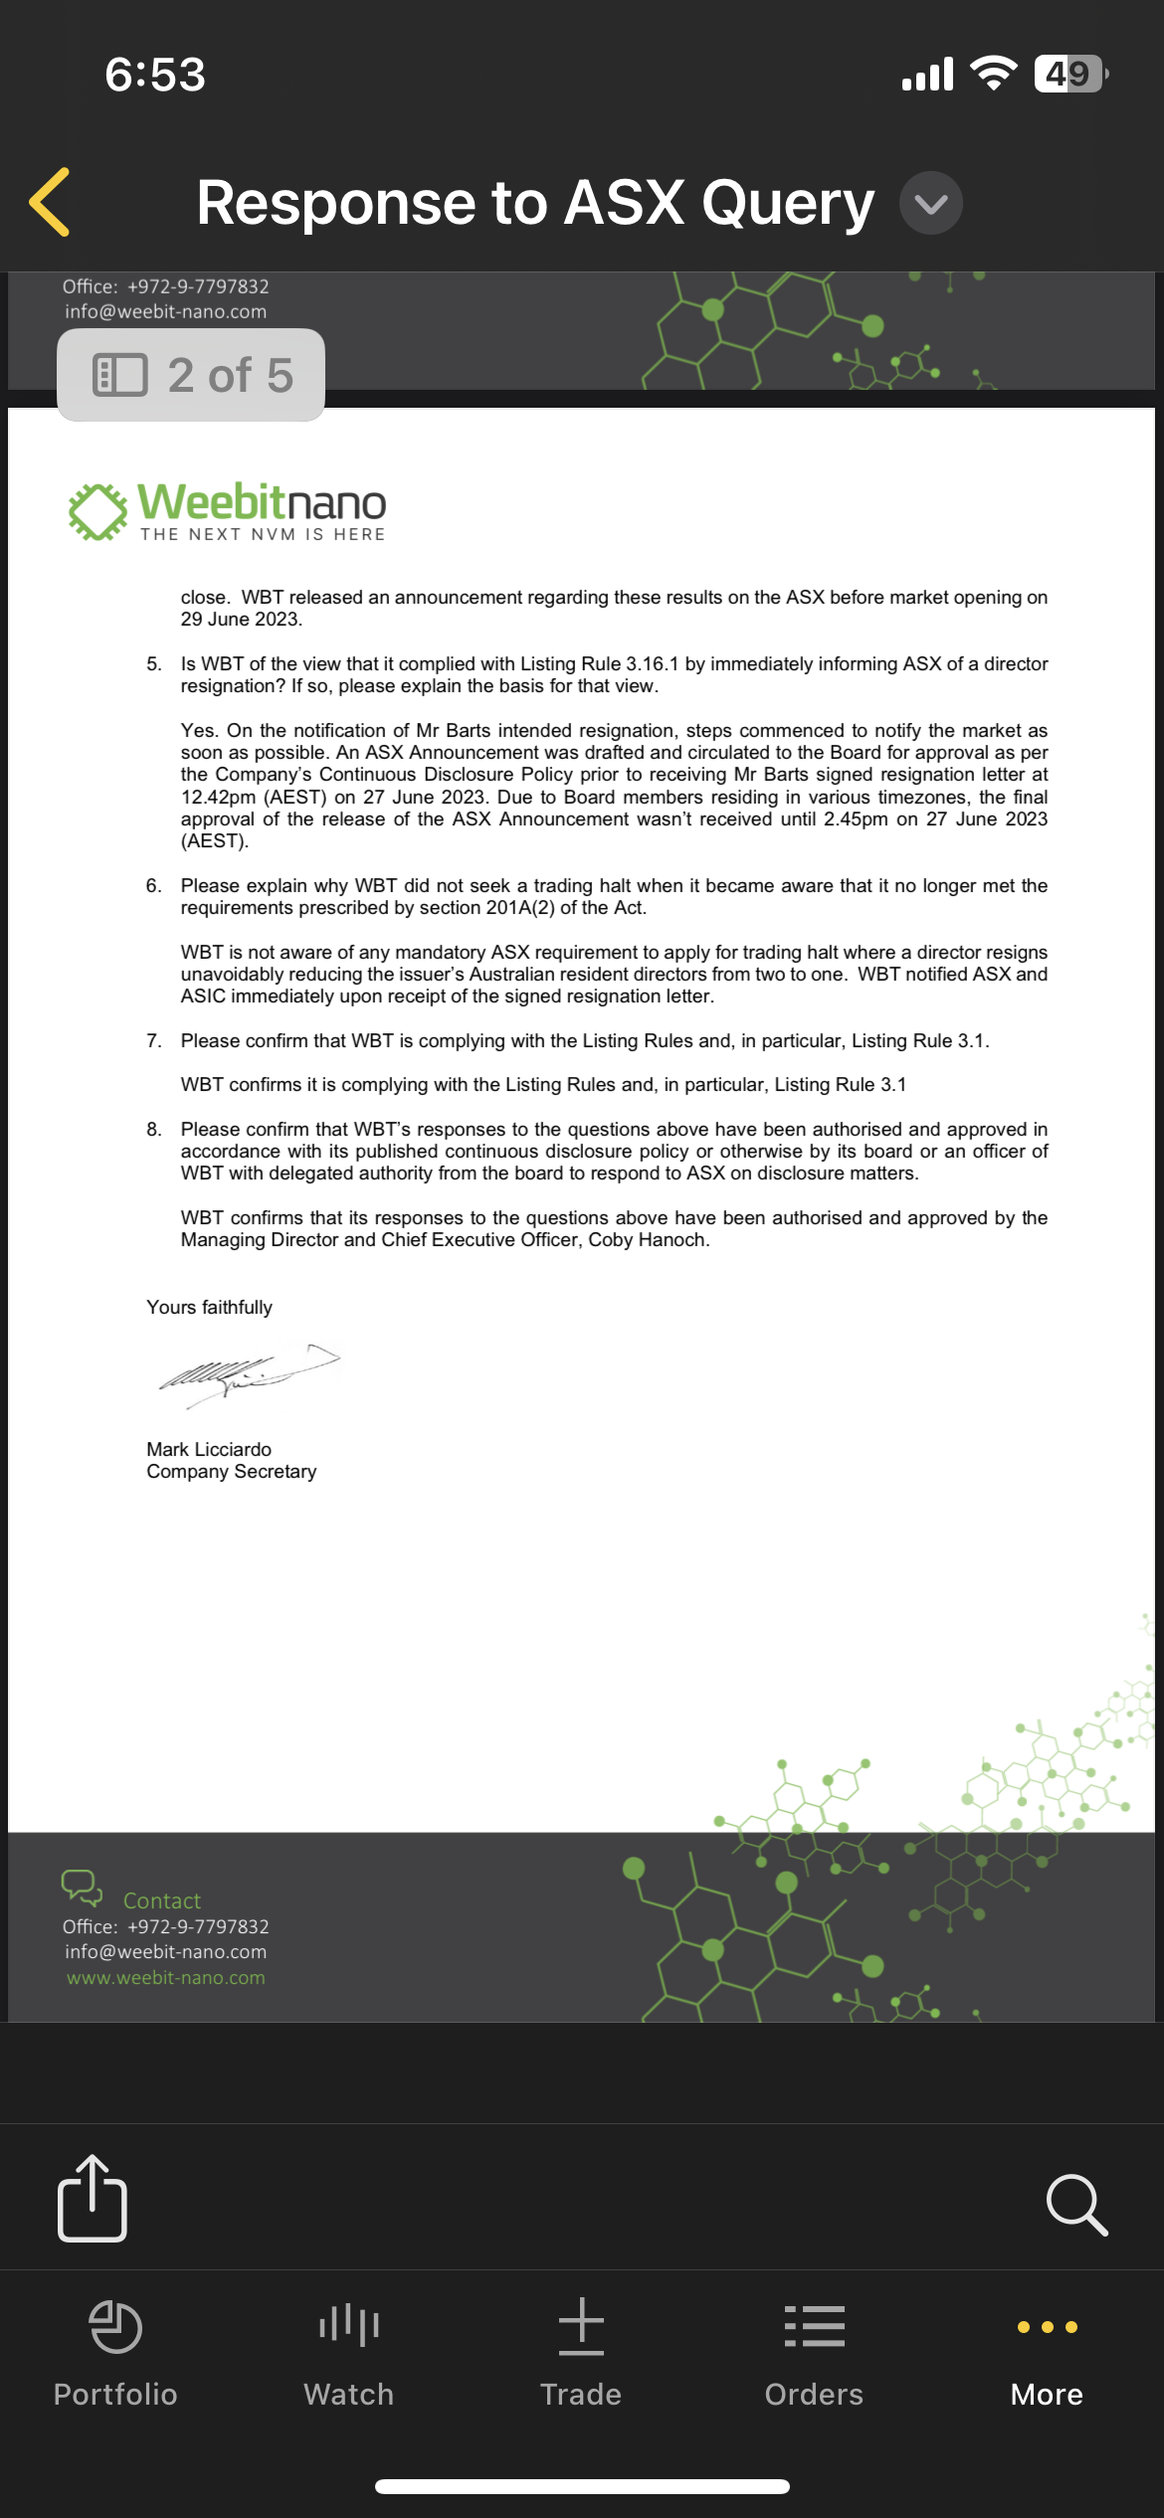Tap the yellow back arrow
pyautogui.click(x=50, y=202)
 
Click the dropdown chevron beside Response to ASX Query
pyautogui.click(x=930, y=203)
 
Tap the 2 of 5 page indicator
pyautogui.click(x=191, y=375)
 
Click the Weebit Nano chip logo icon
pyautogui.click(x=97, y=511)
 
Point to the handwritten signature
pyautogui.click(x=249, y=1373)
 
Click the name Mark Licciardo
pyautogui.click(x=209, y=1449)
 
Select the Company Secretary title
pyautogui.click(x=231, y=1472)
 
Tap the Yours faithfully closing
pyautogui.click(x=209, y=1307)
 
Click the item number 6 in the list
pyautogui.click(x=153, y=885)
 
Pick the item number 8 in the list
pyautogui.click(x=153, y=1129)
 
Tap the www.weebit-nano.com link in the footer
pyautogui.click(x=165, y=1978)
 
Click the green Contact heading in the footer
pyautogui.click(x=161, y=1900)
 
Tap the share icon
pyautogui.click(x=93, y=2199)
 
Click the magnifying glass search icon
pyautogui.click(x=1076, y=2205)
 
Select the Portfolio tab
pyautogui.click(x=115, y=2352)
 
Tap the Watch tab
pyautogui.click(x=348, y=2352)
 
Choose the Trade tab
pyautogui.click(x=581, y=2352)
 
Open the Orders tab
pyautogui.click(x=814, y=2352)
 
